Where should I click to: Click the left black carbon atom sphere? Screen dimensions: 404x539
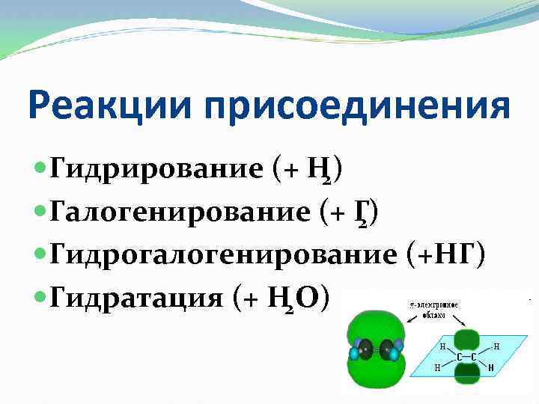point(365,349)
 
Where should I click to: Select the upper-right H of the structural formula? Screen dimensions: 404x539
point(497,346)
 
